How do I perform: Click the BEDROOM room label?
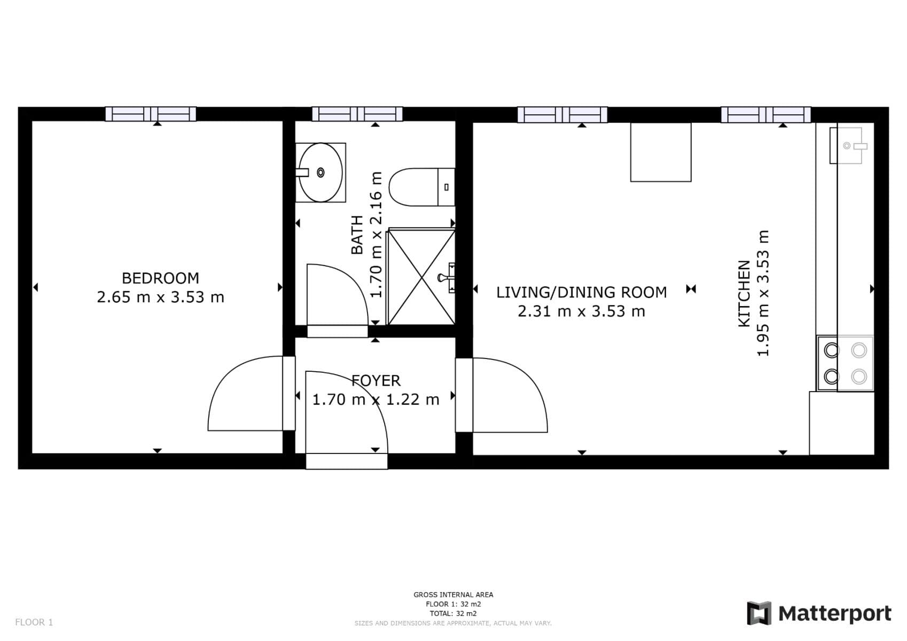pos(160,278)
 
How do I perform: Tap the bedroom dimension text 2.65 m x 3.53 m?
pos(160,297)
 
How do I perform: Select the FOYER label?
pos(376,380)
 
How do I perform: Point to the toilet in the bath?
pos(419,187)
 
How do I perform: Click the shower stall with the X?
pos(421,277)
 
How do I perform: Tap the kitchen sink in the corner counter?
pos(850,145)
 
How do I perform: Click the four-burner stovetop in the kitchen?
pos(845,363)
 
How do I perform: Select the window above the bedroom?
pos(150,114)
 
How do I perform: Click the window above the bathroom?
pos(357,114)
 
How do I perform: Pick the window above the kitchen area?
pos(765,114)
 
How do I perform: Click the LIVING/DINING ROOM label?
pos(581,292)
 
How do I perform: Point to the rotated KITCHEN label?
pos(744,294)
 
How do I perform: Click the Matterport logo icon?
pos(759,613)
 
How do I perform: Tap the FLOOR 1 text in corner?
pos(34,622)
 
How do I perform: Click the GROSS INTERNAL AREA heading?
pos(453,595)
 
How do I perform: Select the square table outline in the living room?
pos(661,152)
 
